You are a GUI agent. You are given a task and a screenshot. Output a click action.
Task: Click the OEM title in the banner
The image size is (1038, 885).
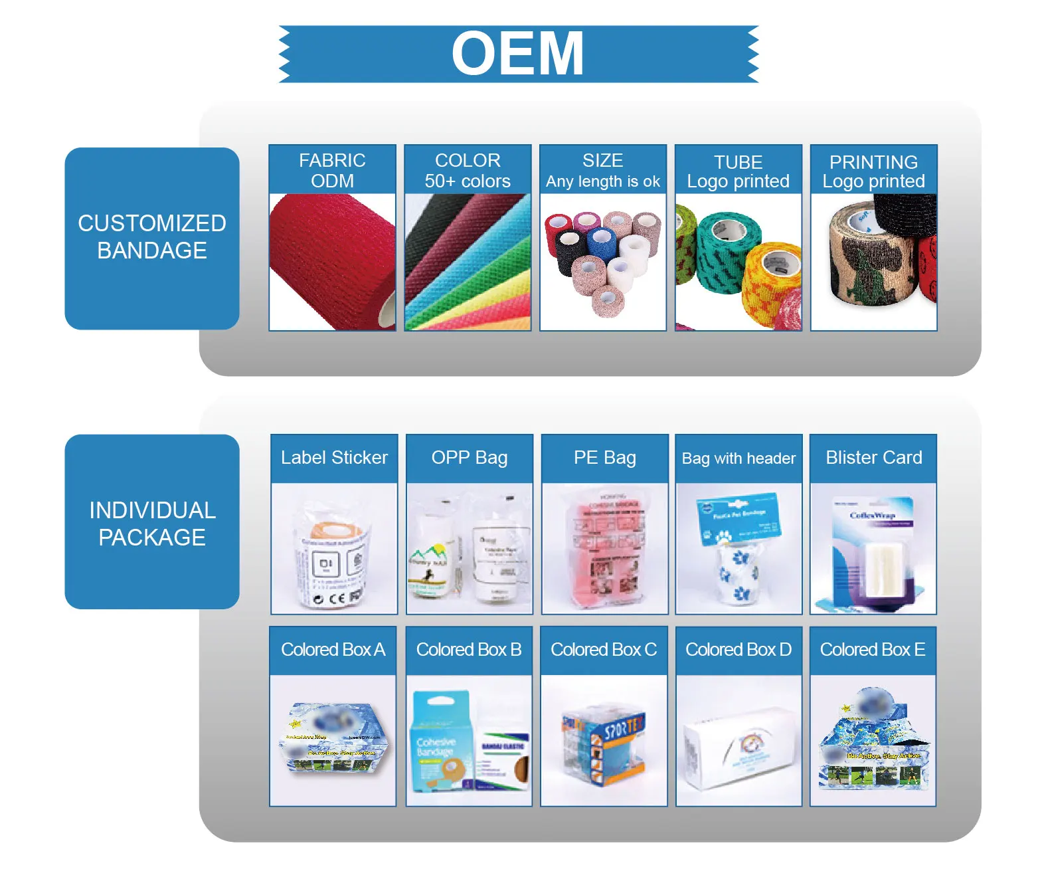point(518,54)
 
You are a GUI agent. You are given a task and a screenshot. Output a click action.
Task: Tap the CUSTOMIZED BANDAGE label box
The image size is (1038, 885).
point(152,237)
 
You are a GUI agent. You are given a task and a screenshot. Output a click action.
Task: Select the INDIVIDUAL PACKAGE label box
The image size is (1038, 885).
point(152,523)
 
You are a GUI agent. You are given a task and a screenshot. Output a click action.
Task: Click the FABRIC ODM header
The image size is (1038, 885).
point(332,170)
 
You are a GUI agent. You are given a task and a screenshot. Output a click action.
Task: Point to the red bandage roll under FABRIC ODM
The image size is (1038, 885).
point(329,262)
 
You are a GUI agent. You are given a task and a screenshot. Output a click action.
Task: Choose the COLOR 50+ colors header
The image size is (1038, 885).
point(468,170)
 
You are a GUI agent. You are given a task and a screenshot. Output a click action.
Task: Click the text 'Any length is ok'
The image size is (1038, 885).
point(603,181)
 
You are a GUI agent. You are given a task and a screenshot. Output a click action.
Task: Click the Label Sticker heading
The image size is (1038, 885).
point(334,458)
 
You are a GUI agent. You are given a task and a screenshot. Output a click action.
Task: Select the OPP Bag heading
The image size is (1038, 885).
point(470,458)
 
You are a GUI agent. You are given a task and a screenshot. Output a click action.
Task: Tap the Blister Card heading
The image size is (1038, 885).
point(874,458)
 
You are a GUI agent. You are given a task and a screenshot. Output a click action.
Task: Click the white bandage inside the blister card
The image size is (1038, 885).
point(880,568)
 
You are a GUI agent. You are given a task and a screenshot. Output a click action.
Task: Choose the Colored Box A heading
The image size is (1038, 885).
point(333,650)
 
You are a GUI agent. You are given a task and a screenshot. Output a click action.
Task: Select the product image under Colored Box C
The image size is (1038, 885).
point(604,741)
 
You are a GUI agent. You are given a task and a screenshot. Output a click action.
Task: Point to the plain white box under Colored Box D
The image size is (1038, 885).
point(739,747)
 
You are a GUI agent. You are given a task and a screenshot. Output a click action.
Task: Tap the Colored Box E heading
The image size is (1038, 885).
point(873,650)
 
